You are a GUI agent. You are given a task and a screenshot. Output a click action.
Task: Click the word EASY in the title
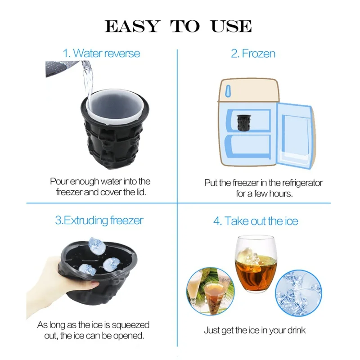click(x=132, y=26)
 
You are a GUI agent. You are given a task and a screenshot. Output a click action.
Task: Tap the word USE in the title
click(x=231, y=26)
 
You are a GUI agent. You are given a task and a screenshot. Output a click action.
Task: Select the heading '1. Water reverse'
click(x=101, y=53)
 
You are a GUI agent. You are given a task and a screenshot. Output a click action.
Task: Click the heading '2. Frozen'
click(x=253, y=54)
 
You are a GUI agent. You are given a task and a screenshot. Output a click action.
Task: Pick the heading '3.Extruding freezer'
click(x=99, y=220)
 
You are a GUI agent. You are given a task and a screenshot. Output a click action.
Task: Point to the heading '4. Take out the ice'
click(x=256, y=221)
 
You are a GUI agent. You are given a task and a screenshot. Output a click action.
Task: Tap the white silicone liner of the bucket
click(x=115, y=106)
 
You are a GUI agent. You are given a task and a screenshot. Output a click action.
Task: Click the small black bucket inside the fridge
click(x=243, y=122)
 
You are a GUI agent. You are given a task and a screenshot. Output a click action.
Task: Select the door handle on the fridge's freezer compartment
click(x=228, y=91)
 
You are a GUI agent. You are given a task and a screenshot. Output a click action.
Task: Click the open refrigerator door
click(x=296, y=135)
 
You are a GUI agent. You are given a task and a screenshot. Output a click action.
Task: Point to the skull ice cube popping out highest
click(x=97, y=246)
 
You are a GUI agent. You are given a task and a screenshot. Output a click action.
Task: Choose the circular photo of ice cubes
click(x=298, y=293)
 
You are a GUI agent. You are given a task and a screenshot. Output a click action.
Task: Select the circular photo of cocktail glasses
click(x=210, y=291)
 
